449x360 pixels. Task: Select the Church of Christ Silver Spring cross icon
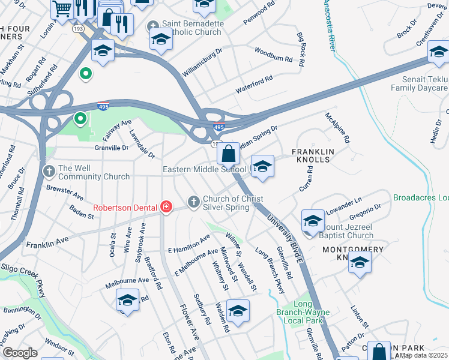[193, 202]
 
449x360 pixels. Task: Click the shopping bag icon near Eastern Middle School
[229, 154]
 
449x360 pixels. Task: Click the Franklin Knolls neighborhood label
[310, 156]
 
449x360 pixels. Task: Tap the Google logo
[19, 353]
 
